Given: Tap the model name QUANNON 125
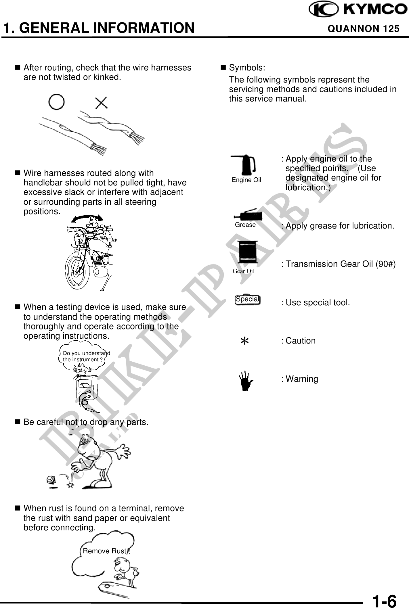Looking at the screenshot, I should coord(364,29).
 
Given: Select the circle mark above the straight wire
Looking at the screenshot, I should coord(57,102).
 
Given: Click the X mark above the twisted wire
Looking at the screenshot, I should coord(101,103).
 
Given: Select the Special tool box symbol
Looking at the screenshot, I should coord(247,300).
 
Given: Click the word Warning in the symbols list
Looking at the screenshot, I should coord(302,379).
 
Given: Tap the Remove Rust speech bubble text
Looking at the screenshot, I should coord(105,551).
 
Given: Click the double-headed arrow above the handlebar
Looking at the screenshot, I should coord(87,218).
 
